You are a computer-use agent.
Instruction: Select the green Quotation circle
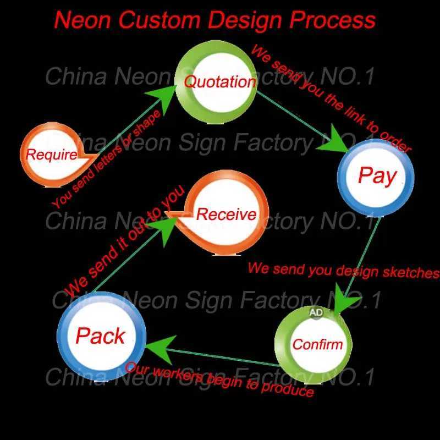pos(218,82)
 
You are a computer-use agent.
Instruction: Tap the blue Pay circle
pos(376,176)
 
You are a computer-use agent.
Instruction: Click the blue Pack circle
pos(101,336)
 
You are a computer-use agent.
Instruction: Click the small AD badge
pos(316,312)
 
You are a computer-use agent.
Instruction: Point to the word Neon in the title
pos(83,20)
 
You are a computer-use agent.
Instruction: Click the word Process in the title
pos(333,20)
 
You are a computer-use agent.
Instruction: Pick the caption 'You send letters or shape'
pos(107,159)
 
